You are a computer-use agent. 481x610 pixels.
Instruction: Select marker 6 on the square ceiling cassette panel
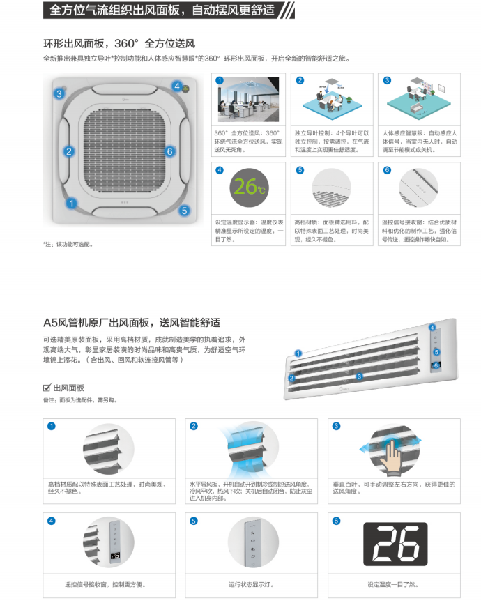tap(170, 151)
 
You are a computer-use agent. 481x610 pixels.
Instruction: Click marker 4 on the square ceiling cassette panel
tap(177, 86)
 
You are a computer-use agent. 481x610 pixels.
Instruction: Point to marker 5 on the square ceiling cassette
tap(184, 209)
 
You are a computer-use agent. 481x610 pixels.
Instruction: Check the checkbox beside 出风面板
tap(47, 388)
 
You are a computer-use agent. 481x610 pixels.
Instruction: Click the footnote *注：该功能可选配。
tap(68, 244)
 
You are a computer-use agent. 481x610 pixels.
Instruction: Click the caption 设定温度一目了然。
tap(393, 584)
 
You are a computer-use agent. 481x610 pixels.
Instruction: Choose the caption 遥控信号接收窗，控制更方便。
tap(105, 584)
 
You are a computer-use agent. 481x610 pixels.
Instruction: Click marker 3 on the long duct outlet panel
tap(359, 376)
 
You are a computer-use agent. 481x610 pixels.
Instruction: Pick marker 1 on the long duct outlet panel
tap(298, 353)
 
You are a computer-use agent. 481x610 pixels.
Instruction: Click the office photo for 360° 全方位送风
tap(248, 98)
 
